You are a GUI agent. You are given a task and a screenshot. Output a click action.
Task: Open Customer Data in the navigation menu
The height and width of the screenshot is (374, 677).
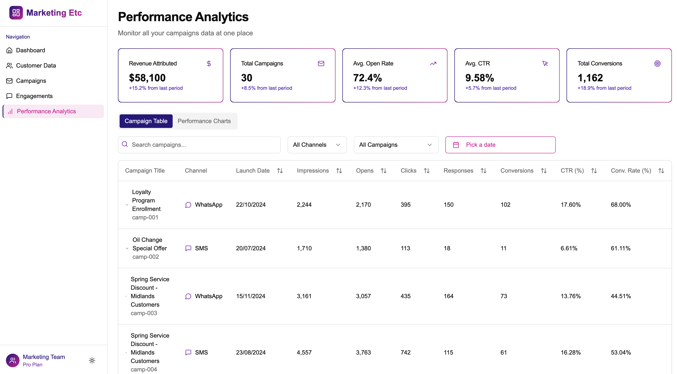(36, 66)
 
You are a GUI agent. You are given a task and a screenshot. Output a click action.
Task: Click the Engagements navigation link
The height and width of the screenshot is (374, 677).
(34, 96)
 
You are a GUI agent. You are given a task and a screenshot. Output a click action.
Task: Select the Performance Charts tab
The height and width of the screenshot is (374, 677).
(204, 121)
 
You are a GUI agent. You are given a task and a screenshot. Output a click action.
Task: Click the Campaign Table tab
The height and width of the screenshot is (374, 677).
(146, 121)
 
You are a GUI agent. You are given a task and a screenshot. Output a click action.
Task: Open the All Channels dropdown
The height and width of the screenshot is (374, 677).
(317, 145)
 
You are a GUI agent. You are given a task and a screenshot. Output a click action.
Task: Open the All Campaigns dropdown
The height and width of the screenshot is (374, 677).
(396, 145)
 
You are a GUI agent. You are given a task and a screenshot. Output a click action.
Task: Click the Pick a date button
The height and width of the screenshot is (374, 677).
(500, 145)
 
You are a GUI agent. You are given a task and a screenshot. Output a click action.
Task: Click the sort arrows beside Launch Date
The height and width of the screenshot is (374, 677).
(280, 171)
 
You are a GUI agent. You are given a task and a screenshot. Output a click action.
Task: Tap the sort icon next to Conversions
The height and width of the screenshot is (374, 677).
(544, 171)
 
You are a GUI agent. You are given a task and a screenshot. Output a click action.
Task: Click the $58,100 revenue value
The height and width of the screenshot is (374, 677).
(147, 78)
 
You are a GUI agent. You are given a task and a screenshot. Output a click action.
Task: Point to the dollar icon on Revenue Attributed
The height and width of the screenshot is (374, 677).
(209, 64)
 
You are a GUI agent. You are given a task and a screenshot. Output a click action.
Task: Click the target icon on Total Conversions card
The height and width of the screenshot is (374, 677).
(657, 64)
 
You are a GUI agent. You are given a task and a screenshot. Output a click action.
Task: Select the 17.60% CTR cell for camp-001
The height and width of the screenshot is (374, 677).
(570, 205)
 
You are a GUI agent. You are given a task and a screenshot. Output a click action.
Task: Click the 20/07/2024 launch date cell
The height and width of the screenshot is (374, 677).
(250, 248)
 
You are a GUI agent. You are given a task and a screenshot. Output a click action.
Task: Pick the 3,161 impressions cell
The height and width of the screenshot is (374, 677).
(304, 296)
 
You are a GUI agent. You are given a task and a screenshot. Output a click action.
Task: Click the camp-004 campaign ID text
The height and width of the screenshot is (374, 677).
(144, 369)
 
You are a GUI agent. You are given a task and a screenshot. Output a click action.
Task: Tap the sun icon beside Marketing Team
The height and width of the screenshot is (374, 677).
(92, 360)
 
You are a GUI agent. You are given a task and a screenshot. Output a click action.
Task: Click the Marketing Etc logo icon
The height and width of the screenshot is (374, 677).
(16, 12)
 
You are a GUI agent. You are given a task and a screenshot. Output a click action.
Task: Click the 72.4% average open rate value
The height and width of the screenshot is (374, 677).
(367, 78)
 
